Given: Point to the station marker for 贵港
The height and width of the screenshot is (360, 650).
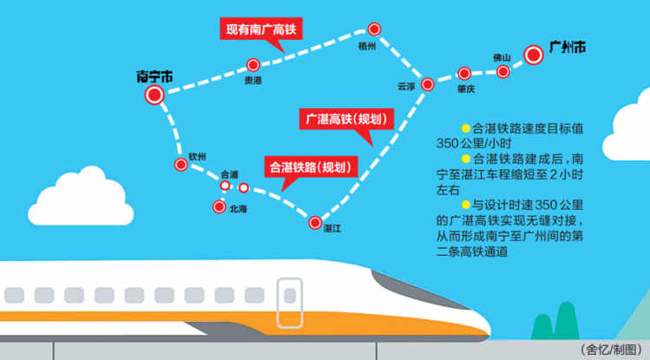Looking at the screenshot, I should (x=253, y=64).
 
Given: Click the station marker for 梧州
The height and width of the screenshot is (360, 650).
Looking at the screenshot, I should (x=374, y=29).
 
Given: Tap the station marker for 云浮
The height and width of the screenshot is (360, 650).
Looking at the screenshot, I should (x=427, y=84).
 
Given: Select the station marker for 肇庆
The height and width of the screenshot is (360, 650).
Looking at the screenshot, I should (x=465, y=73).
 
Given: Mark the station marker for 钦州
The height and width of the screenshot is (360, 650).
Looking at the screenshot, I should (x=181, y=164).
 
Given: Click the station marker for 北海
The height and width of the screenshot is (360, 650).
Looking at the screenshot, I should (x=219, y=206).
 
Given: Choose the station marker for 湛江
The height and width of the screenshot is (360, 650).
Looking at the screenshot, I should (x=315, y=222).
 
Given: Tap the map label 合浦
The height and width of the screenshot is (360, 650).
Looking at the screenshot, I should (x=229, y=173).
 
